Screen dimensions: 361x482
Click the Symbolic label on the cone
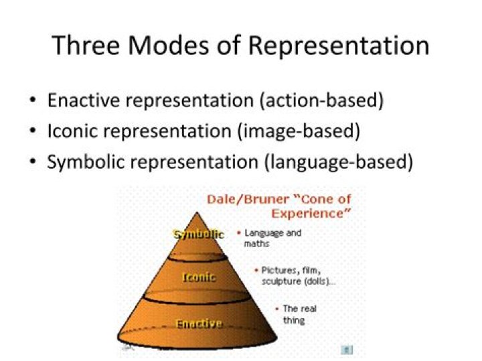[x=198, y=234]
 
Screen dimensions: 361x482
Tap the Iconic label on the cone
[x=199, y=277]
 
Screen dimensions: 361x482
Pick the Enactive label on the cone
[x=198, y=324]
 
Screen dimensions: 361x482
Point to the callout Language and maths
[x=272, y=238]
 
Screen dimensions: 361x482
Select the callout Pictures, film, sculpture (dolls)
[x=298, y=275]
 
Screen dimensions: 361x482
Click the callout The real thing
[x=299, y=314]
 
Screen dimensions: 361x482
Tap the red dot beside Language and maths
[x=239, y=233]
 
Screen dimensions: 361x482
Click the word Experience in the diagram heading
[x=310, y=213]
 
